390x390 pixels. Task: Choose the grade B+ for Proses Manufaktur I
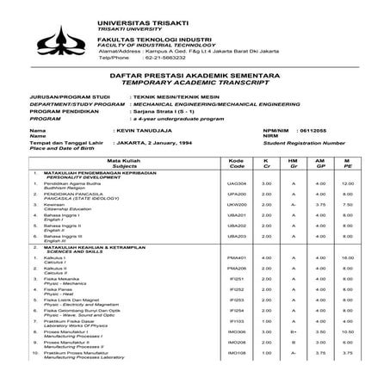point(293,355)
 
